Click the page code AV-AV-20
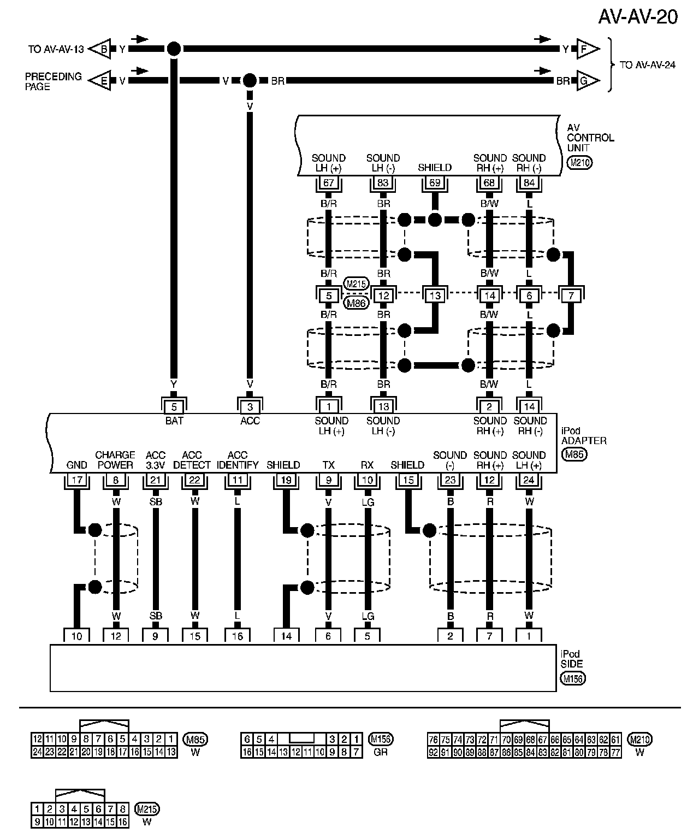pos(637,17)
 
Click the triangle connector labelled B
pos(102,49)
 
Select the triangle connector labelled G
pos(585,81)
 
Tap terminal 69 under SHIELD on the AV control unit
pos(435,182)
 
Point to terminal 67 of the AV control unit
pos(329,182)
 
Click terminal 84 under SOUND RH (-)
pos(529,182)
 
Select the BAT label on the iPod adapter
pos(174,421)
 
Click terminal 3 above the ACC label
pos(250,407)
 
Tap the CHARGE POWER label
pos(115,460)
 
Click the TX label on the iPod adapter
pos(328,465)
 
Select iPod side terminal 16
pos(238,636)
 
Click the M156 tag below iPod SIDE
pos(572,679)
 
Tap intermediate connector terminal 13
pos(435,296)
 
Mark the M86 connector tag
pos(357,302)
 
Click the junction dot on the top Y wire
pos(173,49)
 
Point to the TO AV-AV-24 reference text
pos(648,65)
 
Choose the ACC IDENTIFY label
pos(238,460)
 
